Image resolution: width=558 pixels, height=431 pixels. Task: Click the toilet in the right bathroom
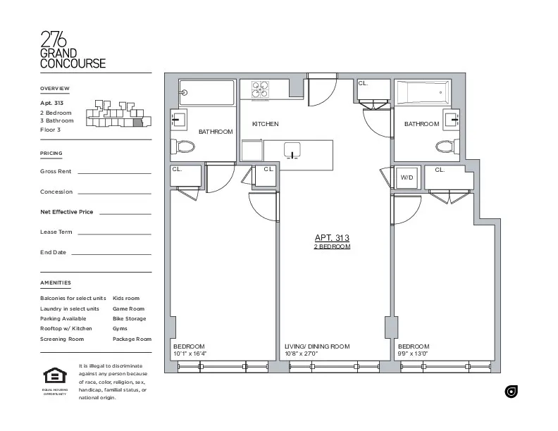tap(446, 146)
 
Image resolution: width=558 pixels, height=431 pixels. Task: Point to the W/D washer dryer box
tap(407, 178)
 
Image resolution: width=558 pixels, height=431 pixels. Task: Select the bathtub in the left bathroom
tap(206, 92)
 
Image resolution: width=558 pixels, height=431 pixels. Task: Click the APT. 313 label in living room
tap(332, 238)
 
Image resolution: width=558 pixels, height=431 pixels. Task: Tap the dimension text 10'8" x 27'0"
tap(302, 354)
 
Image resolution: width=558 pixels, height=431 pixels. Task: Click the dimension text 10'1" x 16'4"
tap(190, 354)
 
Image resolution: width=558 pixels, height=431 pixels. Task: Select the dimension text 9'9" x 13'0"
tap(413, 354)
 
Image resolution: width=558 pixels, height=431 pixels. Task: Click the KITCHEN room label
tap(266, 124)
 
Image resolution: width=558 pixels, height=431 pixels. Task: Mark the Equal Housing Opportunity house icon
tap(54, 375)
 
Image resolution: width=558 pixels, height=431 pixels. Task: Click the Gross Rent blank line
tap(113, 173)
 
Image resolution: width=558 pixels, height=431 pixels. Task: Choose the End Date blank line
tap(111, 254)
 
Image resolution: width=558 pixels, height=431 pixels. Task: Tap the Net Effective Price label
tap(67, 211)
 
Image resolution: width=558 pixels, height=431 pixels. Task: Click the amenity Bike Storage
tap(129, 318)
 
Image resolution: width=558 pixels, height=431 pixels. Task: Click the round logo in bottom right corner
tap(512, 392)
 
